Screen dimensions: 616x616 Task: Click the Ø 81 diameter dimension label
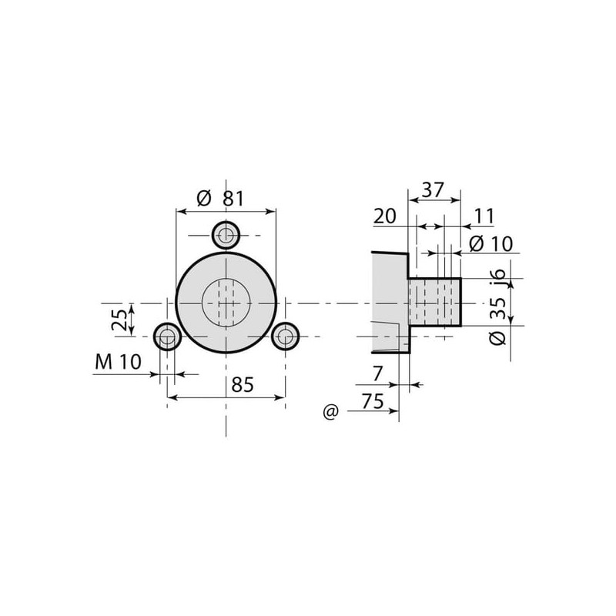pyautogui.click(x=220, y=199)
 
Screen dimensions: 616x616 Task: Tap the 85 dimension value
pyautogui.click(x=243, y=384)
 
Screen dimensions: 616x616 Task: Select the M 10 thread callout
pyautogui.click(x=118, y=362)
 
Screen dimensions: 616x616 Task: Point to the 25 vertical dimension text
pyautogui.click(x=119, y=320)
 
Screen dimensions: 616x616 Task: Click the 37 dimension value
pyautogui.click(x=433, y=189)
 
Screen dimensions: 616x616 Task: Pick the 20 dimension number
pyautogui.click(x=384, y=216)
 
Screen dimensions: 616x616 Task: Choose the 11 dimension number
pyautogui.click(x=484, y=216)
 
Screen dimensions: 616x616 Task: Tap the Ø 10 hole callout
pyautogui.click(x=490, y=244)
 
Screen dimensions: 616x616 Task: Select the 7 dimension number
pyautogui.click(x=377, y=373)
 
